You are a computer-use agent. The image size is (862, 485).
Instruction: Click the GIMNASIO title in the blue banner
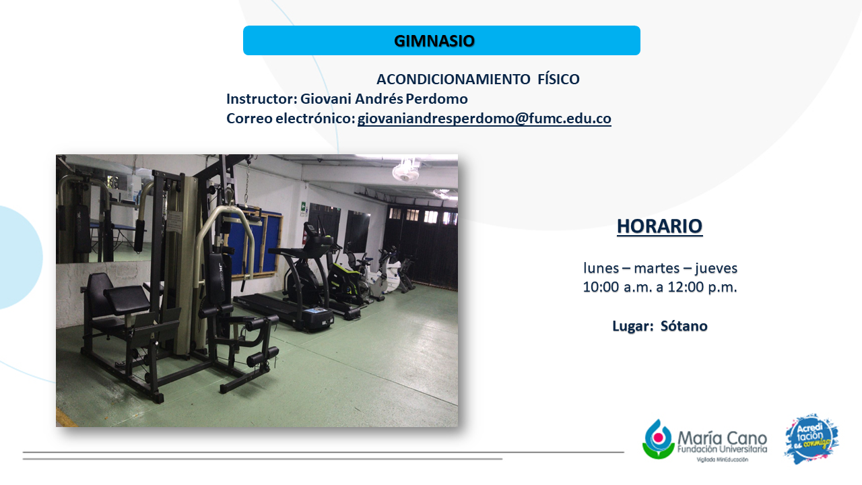(x=434, y=41)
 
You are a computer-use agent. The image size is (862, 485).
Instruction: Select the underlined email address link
(x=484, y=119)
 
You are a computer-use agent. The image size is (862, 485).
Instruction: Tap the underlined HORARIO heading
(x=659, y=226)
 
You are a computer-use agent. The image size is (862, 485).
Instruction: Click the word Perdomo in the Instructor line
(x=437, y=99)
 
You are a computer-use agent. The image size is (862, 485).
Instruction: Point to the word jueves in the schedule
(x=716, y=268)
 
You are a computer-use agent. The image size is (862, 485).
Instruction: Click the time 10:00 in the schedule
(x=600, y=287)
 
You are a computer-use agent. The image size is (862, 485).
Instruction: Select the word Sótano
(x=684, y=326)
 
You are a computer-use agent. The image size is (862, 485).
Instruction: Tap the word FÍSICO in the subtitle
(x=558, y=79)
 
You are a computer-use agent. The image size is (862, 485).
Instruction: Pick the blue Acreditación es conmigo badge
(x=811, y=439)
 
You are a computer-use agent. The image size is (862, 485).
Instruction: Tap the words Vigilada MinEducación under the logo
(x=723, y=459)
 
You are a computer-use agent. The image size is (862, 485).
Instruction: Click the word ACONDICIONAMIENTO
(x=453, y=79)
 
